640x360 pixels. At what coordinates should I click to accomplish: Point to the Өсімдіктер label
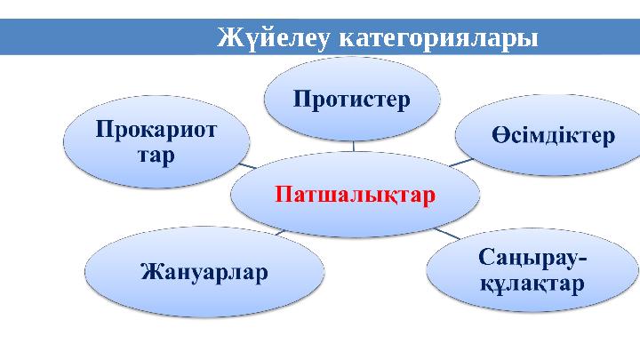click(553, 136)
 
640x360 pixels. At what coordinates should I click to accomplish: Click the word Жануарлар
click(205, 270)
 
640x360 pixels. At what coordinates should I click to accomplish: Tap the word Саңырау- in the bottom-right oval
click(532, 259)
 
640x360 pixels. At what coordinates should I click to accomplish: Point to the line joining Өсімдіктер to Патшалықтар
click(460, 163)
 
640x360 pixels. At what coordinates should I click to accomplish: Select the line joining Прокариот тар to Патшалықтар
click(245, 164)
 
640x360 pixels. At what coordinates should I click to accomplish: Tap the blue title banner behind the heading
click(107, 37)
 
